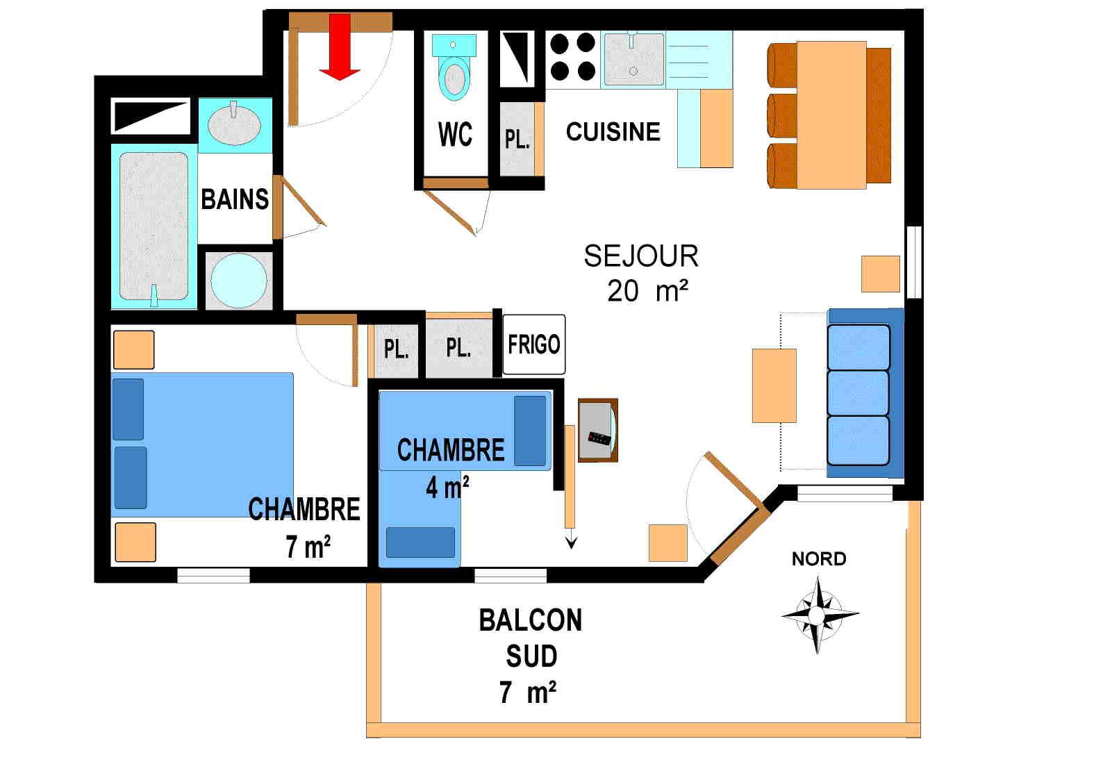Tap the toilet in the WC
click(x=454, y=69)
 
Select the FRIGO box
click(x=533, y=345)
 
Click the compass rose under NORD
click(x=818, y=615)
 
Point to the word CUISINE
click(x=613, y=132)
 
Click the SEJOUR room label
click(x=640, y=256)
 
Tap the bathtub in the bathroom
click(x=154, y=226)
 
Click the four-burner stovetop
click(x=573, y=57)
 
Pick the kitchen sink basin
click(x=633, y=60)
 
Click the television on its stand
click(x=597, y=431)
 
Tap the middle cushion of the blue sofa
click(x=859, y=393)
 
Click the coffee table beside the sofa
click(x=774, y=385)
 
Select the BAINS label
click(x=234, y=199)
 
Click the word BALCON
click(x=530, y=620)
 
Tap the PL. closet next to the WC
click(x=517, y=139)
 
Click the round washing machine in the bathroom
click(x=238, y=281)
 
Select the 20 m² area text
click(x=647, y=291)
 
